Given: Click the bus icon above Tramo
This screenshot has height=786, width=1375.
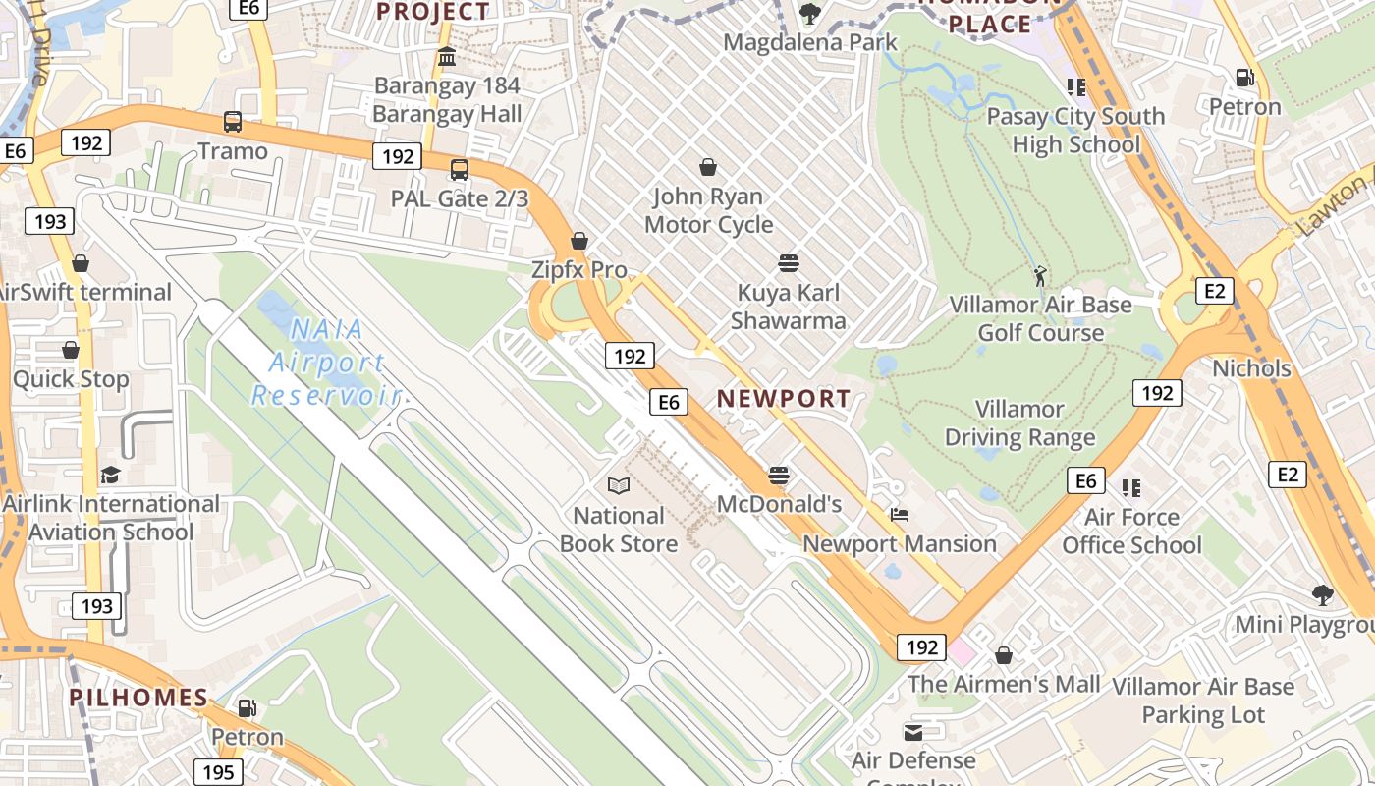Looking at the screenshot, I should [x=233, y=122].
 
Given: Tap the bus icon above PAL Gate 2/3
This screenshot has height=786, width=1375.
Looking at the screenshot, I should [x=459, y=169].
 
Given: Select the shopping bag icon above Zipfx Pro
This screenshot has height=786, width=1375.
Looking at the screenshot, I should [x=579, y=241].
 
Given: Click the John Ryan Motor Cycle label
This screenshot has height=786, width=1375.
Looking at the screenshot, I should [x=708, y=210].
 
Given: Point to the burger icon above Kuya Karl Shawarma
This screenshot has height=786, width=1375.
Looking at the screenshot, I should [x=788, y=263].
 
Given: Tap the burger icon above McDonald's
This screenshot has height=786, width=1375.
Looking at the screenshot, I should [x=779, y=476].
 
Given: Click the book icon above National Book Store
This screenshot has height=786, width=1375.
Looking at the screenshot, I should [x=619, y=485].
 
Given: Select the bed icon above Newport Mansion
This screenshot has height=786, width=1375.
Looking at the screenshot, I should [x=900, y=514].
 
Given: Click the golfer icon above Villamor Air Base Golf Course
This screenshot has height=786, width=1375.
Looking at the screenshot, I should [x=1040, y=276].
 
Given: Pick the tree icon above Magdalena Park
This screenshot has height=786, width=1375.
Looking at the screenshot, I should [x=809, y=14].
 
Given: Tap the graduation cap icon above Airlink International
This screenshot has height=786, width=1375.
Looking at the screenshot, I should [x=110, y=475].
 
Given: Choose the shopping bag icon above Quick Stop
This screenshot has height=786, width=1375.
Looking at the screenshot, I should [x=71, y=350].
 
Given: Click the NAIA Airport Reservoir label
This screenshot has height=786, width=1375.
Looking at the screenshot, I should [x=326, y=363].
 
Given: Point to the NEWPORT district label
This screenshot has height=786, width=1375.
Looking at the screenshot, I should [x=784, y=398].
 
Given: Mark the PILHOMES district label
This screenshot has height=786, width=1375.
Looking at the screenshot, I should [x=138, y=698].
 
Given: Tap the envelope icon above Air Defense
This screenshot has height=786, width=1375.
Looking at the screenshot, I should [x=913, y=732].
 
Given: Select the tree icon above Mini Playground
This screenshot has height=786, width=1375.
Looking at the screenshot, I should [x=1322, y=594].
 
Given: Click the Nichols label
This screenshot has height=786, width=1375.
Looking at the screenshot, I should [x=1251, y=368].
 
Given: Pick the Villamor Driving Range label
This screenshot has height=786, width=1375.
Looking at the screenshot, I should [x=1019, y=422].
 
